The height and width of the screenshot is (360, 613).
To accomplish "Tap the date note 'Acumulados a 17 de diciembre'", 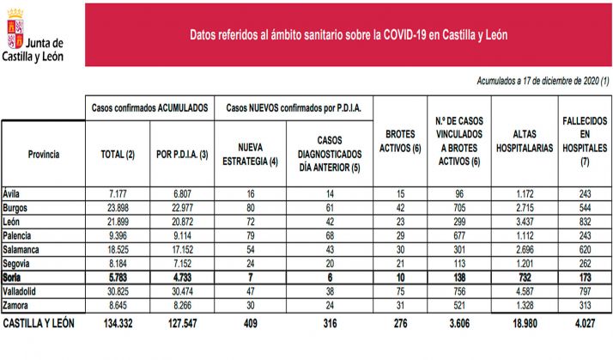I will coord(542,81).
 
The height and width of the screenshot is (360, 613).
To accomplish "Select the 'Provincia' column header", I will coord(43,155).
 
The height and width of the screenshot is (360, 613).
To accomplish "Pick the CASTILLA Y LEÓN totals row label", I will coord(39,324).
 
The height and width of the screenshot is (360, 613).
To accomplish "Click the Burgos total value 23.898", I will coord(118,209).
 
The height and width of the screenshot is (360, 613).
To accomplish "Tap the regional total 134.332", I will coord(118,324).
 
